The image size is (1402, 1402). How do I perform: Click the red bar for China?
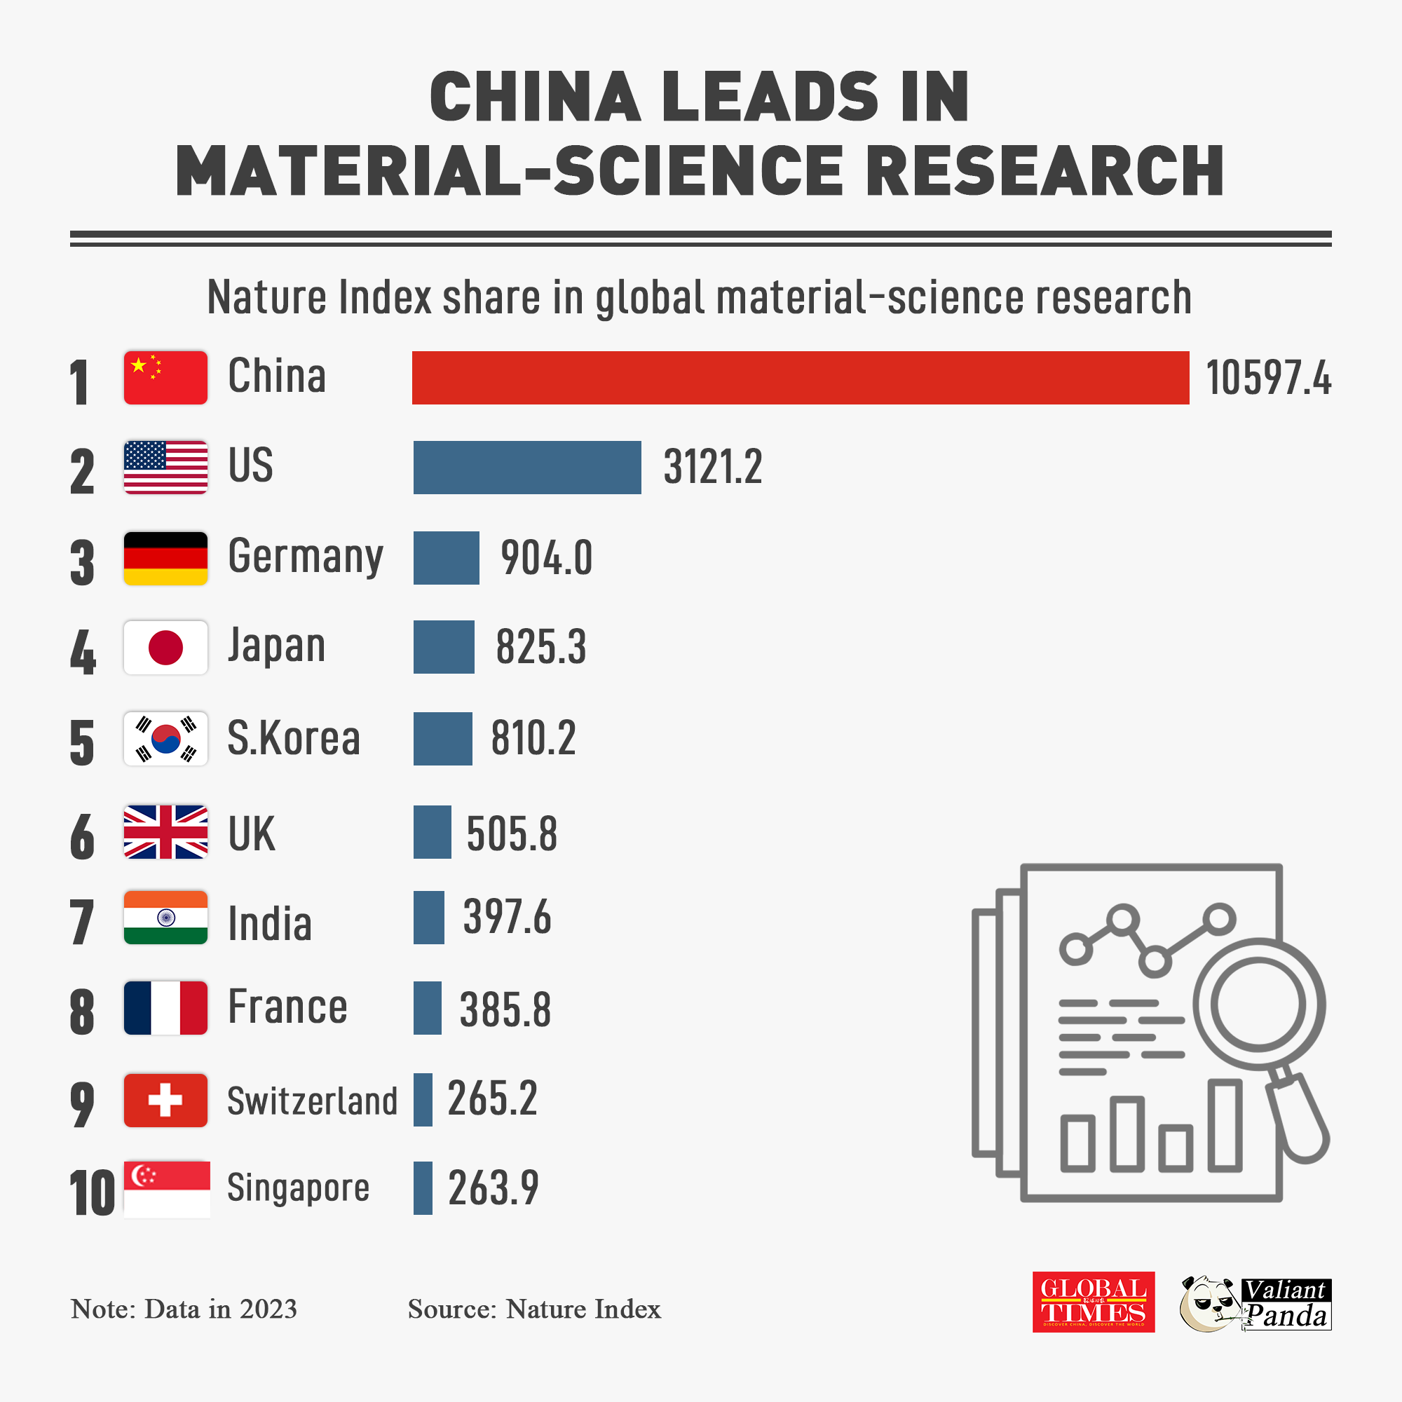(x=800, y=377)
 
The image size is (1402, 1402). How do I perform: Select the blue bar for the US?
(x=527, y=468)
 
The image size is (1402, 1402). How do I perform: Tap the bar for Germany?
(x=447, y=557)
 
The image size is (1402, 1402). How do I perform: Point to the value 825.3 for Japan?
(x=540, y=646)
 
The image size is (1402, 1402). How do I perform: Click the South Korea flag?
(x=165, y=738)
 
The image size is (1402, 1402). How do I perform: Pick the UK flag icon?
(x=165, y=831)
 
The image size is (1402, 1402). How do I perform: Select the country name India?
(x=270, y=924)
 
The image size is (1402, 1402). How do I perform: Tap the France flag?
(x=165, y=1007)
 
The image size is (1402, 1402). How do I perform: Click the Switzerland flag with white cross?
(x=165, y=1099)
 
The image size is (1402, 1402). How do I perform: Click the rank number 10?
(x=92, y=1193)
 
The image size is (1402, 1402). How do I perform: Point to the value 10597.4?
(x=1267, y=378)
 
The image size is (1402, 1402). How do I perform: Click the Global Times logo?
(x=1093, y=1301)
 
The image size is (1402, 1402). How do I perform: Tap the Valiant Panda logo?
(x=1255, y=1303)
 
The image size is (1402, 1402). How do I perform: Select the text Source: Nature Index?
(x=534, y=1309)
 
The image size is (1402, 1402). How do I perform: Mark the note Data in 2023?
(x=184, y=1309)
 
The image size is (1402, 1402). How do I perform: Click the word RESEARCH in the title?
(x=1045, y=171)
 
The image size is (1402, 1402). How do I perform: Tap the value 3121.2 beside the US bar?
(x=713, y=467)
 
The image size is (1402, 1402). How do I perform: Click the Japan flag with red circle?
(x=165, y=646)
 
